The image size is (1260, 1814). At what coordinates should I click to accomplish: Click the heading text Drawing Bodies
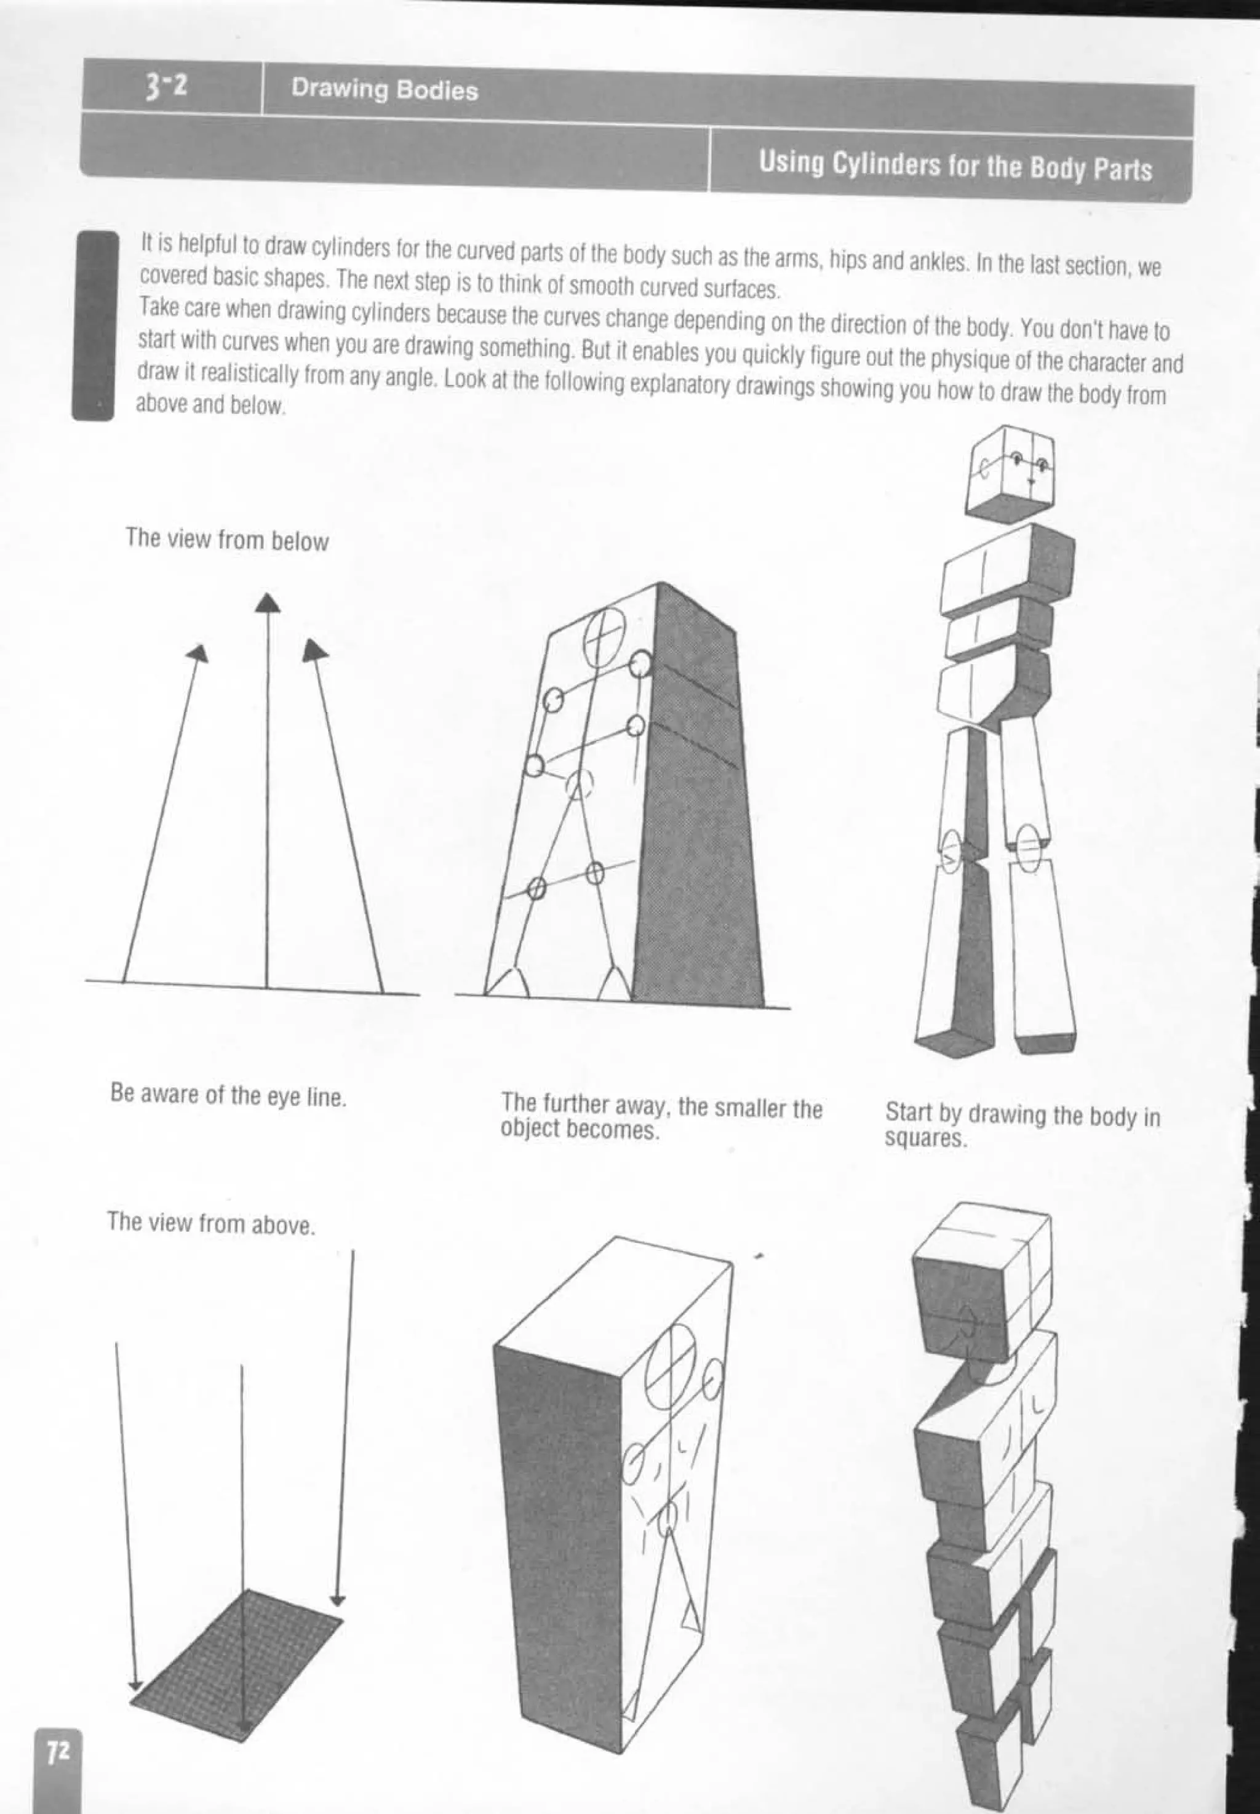coord(385,89)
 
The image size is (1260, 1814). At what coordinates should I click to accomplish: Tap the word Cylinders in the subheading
coord(887,164)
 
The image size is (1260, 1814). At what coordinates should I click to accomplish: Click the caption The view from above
coord(211,1223)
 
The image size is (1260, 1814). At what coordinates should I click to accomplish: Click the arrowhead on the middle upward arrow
coord(268,603)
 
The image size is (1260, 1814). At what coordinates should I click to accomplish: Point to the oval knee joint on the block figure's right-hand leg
coord(1028,849)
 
